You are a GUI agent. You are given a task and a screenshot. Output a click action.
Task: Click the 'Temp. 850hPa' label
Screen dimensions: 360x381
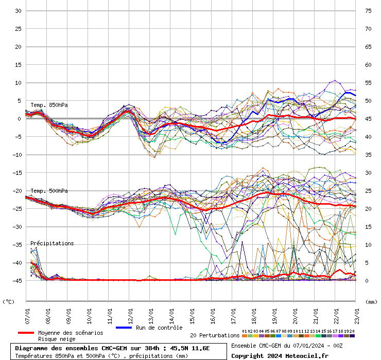click(49, 105)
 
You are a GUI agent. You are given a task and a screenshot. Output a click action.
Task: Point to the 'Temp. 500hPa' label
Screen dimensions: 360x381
click(49, 191)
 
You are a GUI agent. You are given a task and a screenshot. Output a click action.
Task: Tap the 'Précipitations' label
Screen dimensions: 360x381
click(52, 243)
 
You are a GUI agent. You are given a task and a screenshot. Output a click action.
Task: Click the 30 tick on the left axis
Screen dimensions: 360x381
click(18, 11)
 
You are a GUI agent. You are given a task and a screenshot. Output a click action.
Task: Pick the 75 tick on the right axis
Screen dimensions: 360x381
click(368, 11)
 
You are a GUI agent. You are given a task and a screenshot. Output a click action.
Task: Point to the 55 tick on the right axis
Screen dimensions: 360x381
click(368, 83)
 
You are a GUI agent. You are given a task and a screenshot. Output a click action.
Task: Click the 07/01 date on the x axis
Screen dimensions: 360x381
click(27, 312)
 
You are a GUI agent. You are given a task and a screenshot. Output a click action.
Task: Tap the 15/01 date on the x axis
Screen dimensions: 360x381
click(192, 312)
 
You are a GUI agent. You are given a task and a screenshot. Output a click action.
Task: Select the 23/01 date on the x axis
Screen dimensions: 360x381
click(357, 312)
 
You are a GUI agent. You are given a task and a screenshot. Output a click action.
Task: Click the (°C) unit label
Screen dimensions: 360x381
click(9, 301)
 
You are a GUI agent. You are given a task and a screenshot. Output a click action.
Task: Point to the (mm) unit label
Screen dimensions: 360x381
click(371, 301)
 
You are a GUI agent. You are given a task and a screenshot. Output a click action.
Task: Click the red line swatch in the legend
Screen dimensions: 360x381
click(26, 333)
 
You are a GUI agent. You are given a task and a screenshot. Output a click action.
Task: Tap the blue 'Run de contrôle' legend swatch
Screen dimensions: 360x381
click(124, 328)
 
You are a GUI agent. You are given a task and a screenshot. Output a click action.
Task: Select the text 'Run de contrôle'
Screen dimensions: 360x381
click(159, 328)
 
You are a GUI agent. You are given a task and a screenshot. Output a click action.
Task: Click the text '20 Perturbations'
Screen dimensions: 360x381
click(215, 335)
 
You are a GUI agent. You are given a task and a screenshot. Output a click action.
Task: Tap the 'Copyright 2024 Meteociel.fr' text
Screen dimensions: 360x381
click(280, 355)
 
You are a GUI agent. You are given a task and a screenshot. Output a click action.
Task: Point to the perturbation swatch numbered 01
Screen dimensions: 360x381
click(245, 335)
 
